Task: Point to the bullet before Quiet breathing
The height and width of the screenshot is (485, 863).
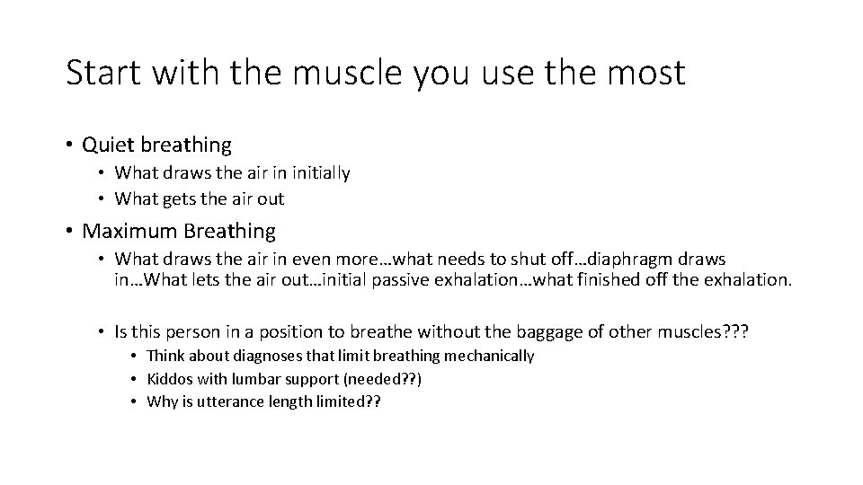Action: pyautogui.click(x=69, y=145)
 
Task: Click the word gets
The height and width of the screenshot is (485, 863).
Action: pyautogui.click(x=177, y=198)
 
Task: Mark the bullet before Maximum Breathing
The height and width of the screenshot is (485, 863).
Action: pyautogui.click(x=69, y=232)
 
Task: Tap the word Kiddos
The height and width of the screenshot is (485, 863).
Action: pyautogui.click(x=168, y=379)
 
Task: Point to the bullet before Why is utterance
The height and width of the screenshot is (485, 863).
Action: pyautogui.click(x=135, y=402)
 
